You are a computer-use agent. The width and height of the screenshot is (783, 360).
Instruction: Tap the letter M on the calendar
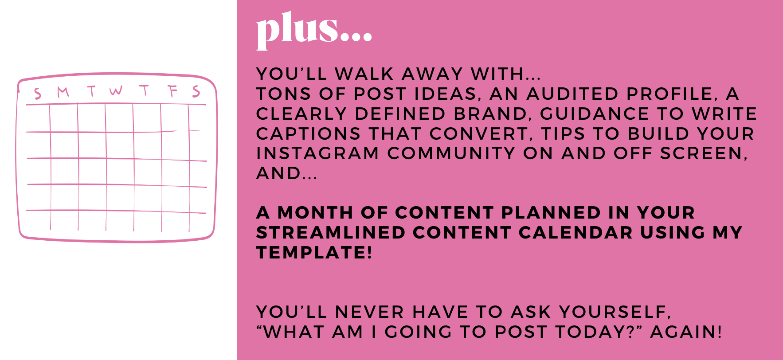[x=63, y=92]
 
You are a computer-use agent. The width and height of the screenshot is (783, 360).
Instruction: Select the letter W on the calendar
[x=116, y=90]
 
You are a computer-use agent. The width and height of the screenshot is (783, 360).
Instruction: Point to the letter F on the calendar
[x=172, y=91]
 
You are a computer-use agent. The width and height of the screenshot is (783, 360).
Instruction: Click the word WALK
[x=364, y=74]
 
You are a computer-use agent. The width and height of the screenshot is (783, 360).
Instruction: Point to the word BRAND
[x=493, y=114]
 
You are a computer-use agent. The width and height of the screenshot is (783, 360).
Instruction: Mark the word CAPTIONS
[x=309, y=133]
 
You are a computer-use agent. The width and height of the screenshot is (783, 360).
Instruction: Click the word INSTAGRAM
[x=317, y=153]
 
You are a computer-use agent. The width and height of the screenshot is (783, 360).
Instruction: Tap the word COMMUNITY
[x=451, y=153]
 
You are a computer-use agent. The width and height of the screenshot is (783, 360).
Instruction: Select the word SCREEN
[x=704, y=154]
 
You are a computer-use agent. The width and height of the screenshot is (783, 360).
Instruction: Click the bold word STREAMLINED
[x=331, y=233]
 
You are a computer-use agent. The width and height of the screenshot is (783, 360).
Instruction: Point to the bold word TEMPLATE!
[x=314, y=253]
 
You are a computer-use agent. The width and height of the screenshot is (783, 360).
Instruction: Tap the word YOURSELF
[x=615, y=312]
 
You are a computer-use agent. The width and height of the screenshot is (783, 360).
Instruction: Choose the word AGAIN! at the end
[x=686, y=332]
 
